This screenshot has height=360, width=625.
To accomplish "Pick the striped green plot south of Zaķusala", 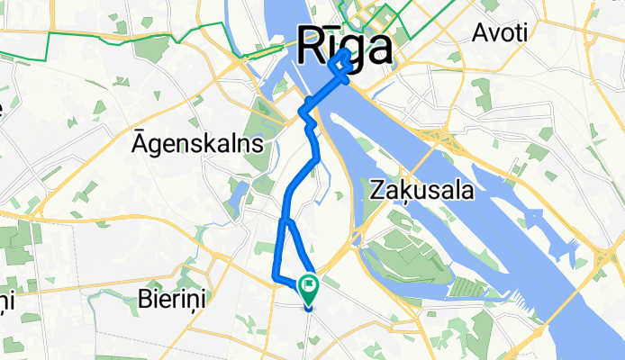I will coord(466,287).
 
